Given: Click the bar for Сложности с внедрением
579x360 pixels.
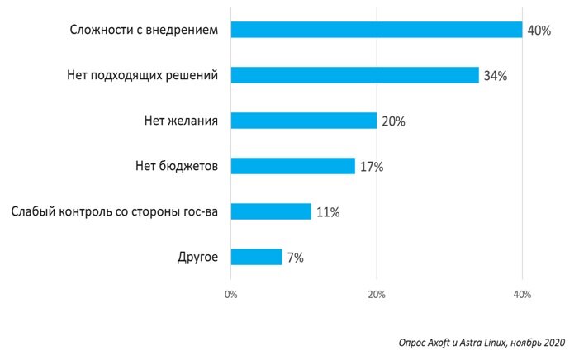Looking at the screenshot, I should point(376,30).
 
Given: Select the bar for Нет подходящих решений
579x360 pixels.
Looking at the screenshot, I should point(354,75).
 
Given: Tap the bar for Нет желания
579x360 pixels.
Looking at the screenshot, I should point(303,121).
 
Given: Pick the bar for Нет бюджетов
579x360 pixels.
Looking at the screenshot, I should point(292,166).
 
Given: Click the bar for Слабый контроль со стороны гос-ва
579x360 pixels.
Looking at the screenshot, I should point(271,211).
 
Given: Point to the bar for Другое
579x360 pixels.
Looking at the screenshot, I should point(256,257).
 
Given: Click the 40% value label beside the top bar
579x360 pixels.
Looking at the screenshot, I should point(539,31).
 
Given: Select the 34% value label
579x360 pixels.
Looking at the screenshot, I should point(495,76).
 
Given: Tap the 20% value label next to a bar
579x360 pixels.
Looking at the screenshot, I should point(393,121).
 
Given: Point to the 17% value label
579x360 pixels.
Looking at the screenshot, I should point(371,167).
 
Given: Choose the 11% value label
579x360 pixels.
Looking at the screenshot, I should point(327,212).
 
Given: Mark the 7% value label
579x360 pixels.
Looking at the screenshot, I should point(295,258).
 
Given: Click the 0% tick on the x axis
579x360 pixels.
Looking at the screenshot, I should point(230,295).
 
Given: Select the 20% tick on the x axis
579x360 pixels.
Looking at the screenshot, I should point(377,295).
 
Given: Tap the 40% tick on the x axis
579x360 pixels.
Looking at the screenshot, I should point(522,295).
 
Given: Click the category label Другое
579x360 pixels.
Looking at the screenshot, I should point(197,257).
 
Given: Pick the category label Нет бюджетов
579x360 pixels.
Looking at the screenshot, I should point(177,166).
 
